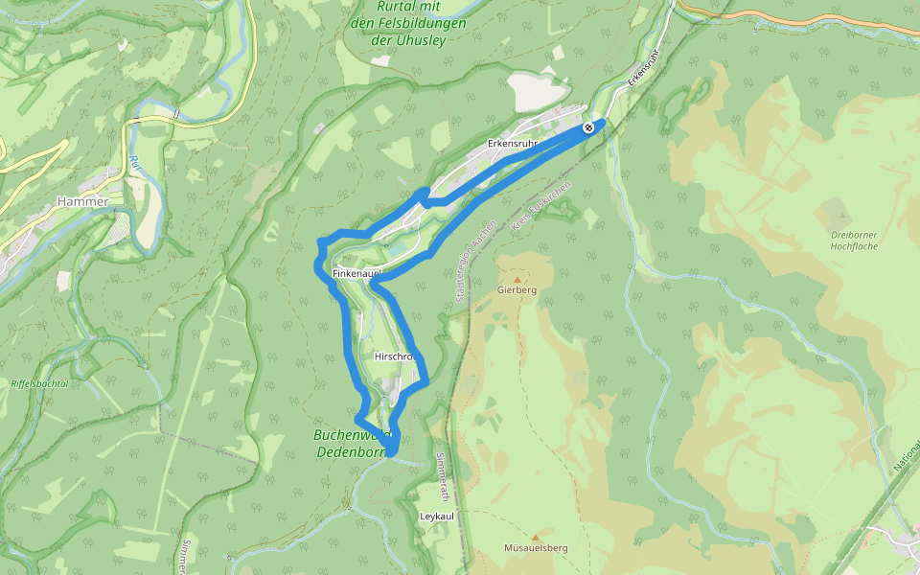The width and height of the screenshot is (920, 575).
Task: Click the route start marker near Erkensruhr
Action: [587, 126]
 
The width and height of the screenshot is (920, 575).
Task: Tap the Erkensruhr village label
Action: [512, 144]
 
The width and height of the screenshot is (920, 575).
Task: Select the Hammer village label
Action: [83, 201]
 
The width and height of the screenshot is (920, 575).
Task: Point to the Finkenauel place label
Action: [356, 274]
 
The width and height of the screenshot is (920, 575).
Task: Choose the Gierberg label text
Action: [517, 289]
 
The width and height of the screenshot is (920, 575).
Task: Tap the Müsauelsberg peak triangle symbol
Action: [535, 538]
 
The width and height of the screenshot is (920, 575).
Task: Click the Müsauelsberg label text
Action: [536, 548]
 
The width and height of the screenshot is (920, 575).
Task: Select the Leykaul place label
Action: [436, 516]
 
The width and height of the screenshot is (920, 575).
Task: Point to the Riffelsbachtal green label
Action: [39, 383]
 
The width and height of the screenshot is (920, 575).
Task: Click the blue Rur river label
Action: [134, 163]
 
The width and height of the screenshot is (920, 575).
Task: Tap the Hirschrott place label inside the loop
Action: [393, 356]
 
